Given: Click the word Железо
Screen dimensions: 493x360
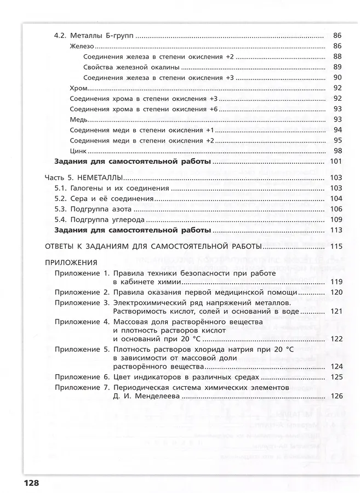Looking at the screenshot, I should [x=83, y=46].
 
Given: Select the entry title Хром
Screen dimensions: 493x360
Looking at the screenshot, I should [x=79, y=88].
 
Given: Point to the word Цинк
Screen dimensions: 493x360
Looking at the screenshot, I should [x=79, y=151].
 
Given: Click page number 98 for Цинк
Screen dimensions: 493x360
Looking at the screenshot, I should [x=338, y=151].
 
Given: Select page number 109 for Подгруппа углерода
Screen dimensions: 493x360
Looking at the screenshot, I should [x=336, y=220].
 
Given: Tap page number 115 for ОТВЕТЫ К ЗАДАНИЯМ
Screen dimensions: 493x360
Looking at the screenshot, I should [x=336, y=246].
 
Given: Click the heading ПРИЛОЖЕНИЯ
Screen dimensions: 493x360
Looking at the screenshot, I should [x=71, y=262].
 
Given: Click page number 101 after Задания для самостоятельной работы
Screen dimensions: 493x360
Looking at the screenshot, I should [x=336, y=162].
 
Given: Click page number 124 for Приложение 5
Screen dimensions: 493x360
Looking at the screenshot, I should [x=336, y=366].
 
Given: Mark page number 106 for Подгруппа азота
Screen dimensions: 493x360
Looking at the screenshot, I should [x=336, y=209].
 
